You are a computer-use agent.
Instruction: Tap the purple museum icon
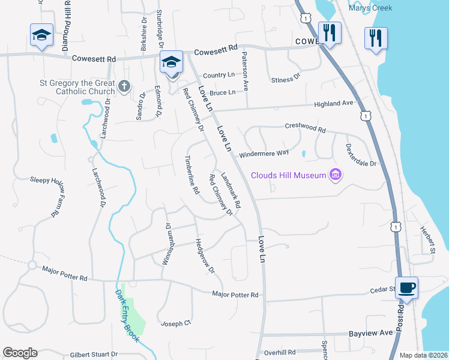click(336, 175)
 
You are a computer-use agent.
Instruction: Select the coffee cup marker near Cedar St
click(406, 287)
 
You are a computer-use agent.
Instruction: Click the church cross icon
click(124, 86)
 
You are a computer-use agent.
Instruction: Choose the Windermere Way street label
click(264, 154)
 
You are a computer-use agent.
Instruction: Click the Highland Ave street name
click(334, 104)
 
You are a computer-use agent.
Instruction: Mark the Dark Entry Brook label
click(128, 316)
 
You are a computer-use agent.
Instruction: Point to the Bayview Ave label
click(370, 332)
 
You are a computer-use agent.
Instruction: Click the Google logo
click(20, 353)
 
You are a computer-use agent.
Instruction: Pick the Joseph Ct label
click(175, 323)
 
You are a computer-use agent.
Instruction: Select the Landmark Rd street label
click(231, 191)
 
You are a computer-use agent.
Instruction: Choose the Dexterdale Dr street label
click(361, 155)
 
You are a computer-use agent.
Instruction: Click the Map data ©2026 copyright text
click(423, 355)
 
